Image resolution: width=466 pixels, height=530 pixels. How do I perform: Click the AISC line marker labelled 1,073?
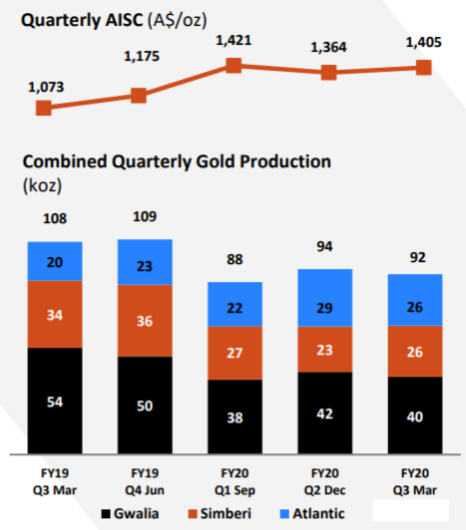[44, 109]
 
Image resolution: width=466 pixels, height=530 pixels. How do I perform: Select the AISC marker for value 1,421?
[233, 65]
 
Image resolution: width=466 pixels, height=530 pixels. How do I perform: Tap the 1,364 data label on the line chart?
[328, 48]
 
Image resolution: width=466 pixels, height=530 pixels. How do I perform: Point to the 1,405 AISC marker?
[424, 68]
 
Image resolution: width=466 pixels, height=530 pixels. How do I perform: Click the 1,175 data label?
[142, 56]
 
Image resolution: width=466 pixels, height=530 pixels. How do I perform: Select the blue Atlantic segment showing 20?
[55, 261]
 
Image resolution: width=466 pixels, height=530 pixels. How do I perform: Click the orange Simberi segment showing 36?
[145, 321]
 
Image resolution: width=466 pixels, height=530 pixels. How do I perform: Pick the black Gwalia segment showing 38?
[235, 416]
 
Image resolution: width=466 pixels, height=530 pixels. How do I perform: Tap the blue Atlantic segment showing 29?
[325, 298]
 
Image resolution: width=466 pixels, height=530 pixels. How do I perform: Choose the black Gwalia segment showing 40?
[415, 415]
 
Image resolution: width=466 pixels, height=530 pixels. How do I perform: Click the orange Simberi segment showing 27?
[235, 354]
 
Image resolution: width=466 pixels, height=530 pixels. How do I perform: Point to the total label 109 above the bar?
[145, 216]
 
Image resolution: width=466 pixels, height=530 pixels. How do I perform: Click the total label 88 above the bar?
[234, 260]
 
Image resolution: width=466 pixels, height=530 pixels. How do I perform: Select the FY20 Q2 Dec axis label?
[325, 481]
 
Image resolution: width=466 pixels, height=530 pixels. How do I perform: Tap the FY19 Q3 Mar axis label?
[55, 481]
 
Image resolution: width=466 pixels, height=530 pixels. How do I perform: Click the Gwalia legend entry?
[130, 514]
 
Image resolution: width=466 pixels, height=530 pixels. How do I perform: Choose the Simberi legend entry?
[220, 514]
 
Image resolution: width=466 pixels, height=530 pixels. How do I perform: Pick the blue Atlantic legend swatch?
[284, 514]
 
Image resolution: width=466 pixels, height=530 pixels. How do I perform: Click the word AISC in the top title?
[125, 20]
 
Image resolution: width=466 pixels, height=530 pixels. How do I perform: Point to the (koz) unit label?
[42, 185]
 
